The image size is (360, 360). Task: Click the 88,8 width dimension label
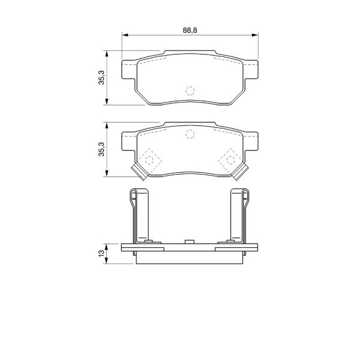pyautogui.click(x=190, y=30)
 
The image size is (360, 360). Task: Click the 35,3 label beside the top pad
pyautogui.click(x=101, y=77)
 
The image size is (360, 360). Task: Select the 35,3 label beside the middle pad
pyautogui.click(x=101, y=149)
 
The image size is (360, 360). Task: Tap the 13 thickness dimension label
pyautogui.click(x=101, y=253)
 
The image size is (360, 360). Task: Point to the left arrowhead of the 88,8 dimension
pyautogui.click(x=125, y=35)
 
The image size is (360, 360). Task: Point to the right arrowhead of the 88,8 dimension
pyautogui.click(x=255, y=35)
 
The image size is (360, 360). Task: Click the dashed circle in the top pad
pyautogui.click(x=190, y=91)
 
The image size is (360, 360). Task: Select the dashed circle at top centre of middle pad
pyautogui.click(x=190, y=134)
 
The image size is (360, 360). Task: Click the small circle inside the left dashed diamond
pyautogui.click(x=149, y=160)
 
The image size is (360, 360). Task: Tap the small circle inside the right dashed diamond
pyautogui.click(x=230, y=160)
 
